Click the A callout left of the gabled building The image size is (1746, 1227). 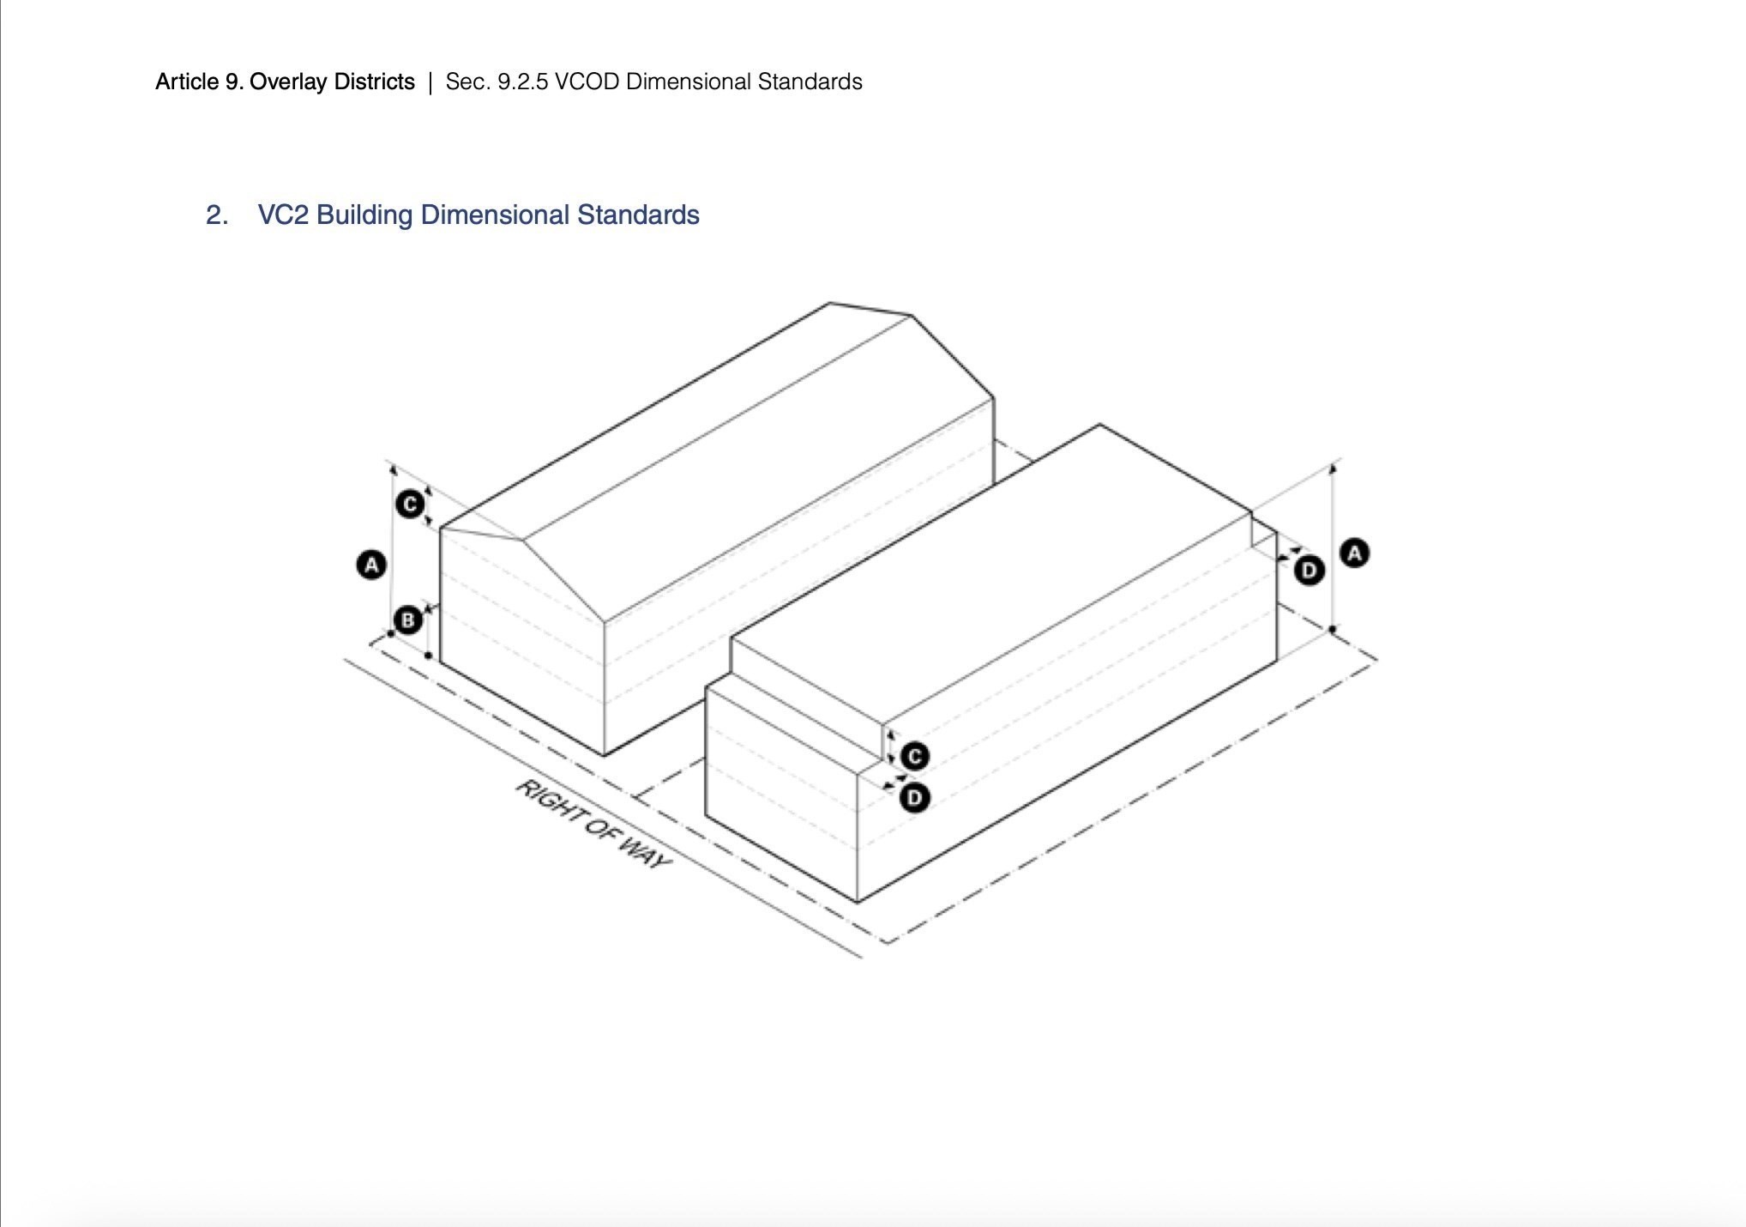(371, 565)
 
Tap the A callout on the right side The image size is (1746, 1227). (1355, 553)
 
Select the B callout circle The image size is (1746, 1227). (408, 620)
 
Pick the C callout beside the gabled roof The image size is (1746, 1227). (410, 504)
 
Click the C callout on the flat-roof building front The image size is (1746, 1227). (915, 757)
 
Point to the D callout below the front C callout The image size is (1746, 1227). (915, 798)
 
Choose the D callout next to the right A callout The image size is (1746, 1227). (1309, 571)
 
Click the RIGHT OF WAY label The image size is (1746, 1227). (592, 824)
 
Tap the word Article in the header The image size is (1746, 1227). (186, 82)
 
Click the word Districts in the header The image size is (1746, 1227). (374, 82)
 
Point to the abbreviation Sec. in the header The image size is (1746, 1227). (467, 82)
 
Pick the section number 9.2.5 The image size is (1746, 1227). (522, 82)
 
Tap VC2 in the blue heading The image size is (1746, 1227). (283, 215)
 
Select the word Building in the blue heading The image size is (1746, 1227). (364, 215)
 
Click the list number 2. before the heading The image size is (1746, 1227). (216, 215)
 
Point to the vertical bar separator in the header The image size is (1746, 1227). (430, 82)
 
